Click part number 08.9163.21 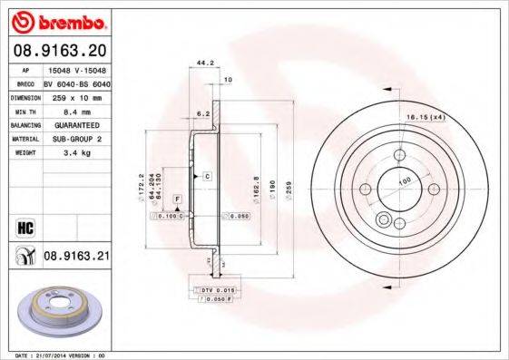coord(77,258)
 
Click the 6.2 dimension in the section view coord(202,112)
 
